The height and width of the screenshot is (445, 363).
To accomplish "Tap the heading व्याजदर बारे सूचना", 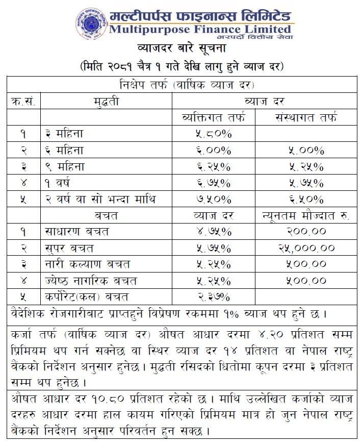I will click(181, 50).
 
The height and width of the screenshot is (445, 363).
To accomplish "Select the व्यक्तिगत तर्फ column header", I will click(213, 118).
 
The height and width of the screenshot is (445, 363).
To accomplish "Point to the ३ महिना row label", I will click(64, 134).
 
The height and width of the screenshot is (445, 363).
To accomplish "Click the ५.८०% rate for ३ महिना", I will click(213, 134).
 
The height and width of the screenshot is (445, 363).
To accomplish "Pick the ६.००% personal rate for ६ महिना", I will click(213, 151).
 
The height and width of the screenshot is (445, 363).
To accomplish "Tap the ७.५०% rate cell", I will click(213, 199).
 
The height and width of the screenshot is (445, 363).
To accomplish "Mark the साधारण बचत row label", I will click(76, 232).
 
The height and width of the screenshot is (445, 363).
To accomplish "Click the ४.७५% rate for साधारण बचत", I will click(213, 232).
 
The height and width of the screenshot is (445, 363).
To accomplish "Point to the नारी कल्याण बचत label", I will click(87, 264).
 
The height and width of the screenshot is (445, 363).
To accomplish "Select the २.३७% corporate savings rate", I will click(213, 296).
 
